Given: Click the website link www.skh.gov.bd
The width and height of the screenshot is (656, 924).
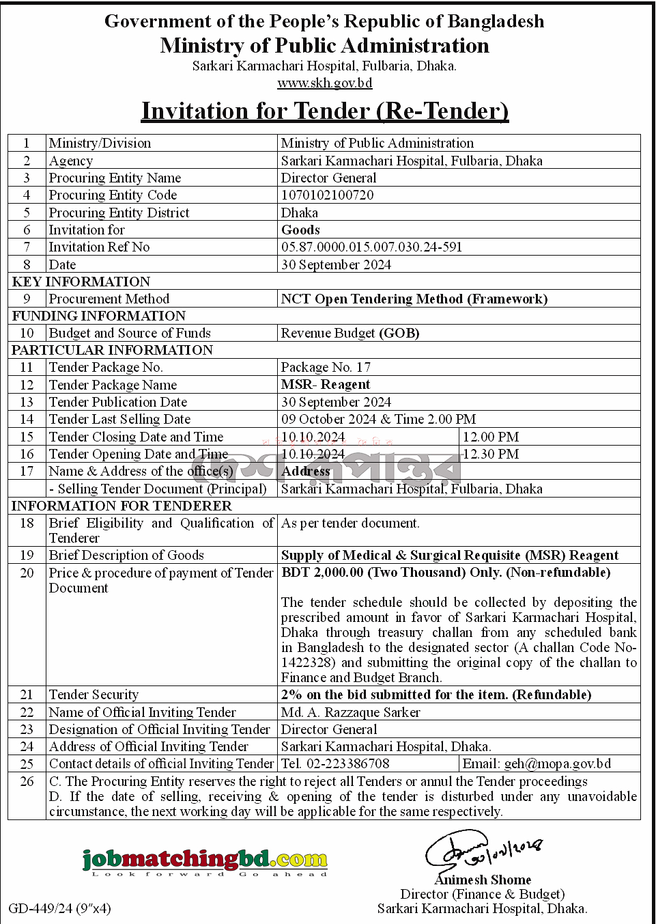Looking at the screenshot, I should pyautogui.click(x=324, y=83).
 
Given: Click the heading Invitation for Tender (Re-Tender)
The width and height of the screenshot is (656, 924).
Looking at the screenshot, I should pyautogui.click(x=325, y=111).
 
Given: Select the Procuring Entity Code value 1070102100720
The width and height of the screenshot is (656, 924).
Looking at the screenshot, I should pyautogui.click(x=327, y=195).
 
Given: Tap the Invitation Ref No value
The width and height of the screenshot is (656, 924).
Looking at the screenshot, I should pyautogui.click(x=371, y=247).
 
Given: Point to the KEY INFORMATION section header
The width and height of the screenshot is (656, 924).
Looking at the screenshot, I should pyautogui.click(x=81, y=282).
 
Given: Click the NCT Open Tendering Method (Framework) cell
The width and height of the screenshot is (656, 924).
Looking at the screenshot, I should pyautogui.click(x=414, y=299).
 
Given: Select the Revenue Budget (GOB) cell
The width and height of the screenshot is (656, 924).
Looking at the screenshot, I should pyautogui.click(x=350, y=334).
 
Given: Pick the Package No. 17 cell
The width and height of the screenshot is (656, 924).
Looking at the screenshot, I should pyautogui.click(x=326, y=368).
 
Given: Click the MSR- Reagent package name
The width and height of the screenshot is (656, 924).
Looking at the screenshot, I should pyautogui.click(x=326, y=385).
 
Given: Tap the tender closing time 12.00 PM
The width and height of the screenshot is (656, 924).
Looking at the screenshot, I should pyautogui.click(x=491, y=437).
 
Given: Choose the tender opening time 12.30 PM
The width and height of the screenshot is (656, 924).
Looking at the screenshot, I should pyautogui.click(x=491, y=454).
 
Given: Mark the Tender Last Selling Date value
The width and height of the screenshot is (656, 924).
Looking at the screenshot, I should pyautogui.click(x=378, y=420).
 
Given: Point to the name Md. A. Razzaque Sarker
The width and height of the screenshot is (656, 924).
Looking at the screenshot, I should pyautogui.click(x=351, y=712).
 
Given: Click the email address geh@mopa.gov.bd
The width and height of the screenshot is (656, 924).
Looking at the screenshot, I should pyautogui.click(x=557, y=764).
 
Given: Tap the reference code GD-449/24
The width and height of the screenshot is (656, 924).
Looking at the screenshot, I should pyautogui.click(x=40, y=908).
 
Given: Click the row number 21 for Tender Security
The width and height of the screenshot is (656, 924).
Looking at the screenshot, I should pyautogui.click(x=27, y=695).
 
